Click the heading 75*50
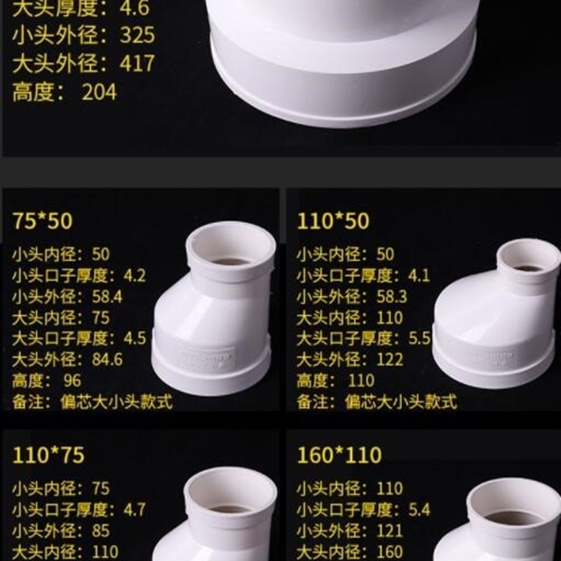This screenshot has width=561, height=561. click(42, 221)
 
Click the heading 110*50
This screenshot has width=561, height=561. click(332, 221)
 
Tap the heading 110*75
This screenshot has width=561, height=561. click(48, 456)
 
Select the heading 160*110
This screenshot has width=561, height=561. click(339, 456)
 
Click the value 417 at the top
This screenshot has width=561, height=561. click(137, 63)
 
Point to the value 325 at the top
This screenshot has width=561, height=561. click(137, 35)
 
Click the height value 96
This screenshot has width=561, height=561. click(72, 381)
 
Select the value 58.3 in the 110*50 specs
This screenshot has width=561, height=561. click(391, 297)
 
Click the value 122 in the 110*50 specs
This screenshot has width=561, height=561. click(390, 360)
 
